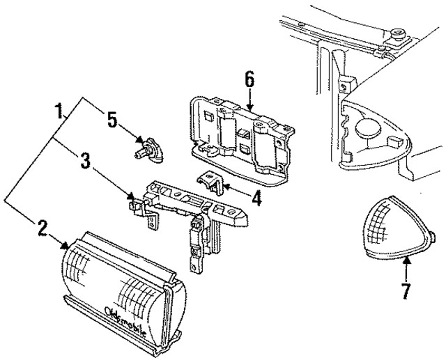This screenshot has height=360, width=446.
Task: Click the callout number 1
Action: coord(61,111)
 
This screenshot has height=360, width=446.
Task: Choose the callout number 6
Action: coord(249,79)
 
